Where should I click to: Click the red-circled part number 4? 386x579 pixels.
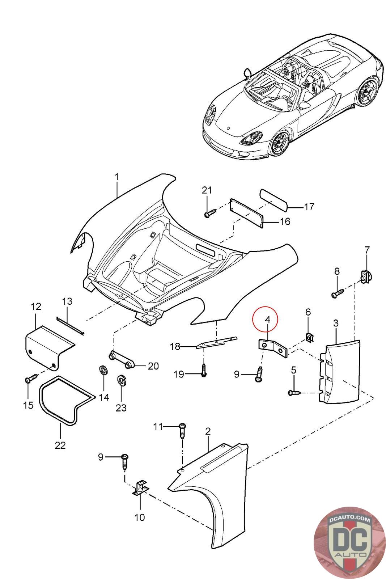(x=267, y=320)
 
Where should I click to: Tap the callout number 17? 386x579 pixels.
(x=309, y=207)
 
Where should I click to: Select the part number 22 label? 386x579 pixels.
(x=60, y=445)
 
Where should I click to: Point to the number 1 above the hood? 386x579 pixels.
(x=117, y=177)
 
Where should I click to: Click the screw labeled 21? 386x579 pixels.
(x=210, y=213)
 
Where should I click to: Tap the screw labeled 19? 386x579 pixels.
(x=204, y=370)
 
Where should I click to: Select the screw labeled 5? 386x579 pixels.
(x=294, y=393)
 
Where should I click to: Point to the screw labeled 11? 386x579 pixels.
(x=183, y=431)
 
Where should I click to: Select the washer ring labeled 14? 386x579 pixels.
(x=103, y=371)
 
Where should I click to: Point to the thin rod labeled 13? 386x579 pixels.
(x=70, y=326)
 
